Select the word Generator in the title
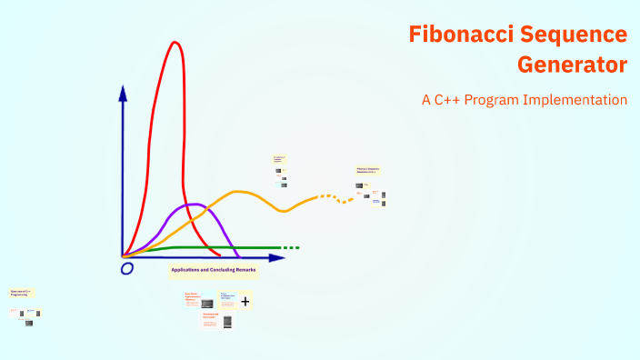(573, 65)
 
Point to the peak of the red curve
(173, 43)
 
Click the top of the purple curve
(192, 205)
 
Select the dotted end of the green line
(290, 247)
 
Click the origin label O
(127, 268)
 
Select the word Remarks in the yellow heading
(245, 270)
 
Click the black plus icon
(245, 301)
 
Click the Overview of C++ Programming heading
(21, 293)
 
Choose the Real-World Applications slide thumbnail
(199, 301)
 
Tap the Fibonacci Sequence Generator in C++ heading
(367, 170)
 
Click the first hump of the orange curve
(238, 192)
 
